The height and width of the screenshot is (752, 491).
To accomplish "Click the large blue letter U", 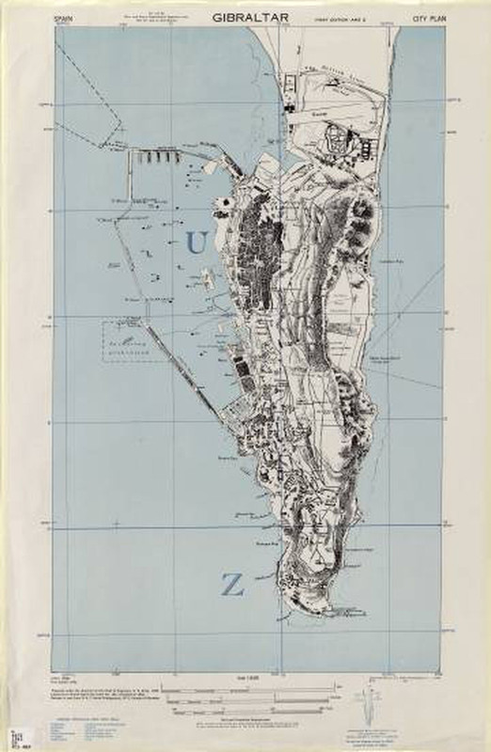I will click(x=197, y=243).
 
